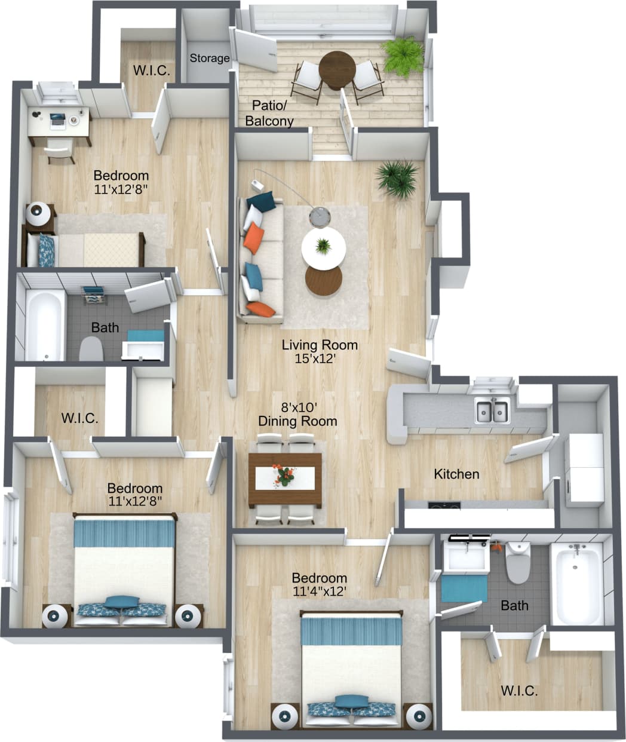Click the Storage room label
pyautogui.click(x=210, y=58)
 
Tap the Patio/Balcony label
pyautogui.click(x=269, y=113)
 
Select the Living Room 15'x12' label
pyautogui.click(x=320, y=351)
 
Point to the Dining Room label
pyautogui.click(x=297, y=421)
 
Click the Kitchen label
pyautogui.click(x=456, y=474)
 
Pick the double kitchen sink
pyautogui.click(x=492, y=410)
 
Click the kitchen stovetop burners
pyautogui.click(x=444, y=506)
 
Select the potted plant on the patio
pyautogui.click(x=403, y=56)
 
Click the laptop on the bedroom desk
pyautogui.click(x=57, y=119)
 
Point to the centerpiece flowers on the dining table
pyautogui.click(x=284, y=475)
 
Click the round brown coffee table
pyautogui.click(x=323, y=280)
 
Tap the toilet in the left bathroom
pyautogui.click(x=91, y=349)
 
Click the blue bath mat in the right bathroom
pyautogui.click(x=464, y=588)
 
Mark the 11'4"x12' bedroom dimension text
pyautogui.click(x=320, y=591)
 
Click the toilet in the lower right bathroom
pyautogui.click(x=517, y=562)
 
